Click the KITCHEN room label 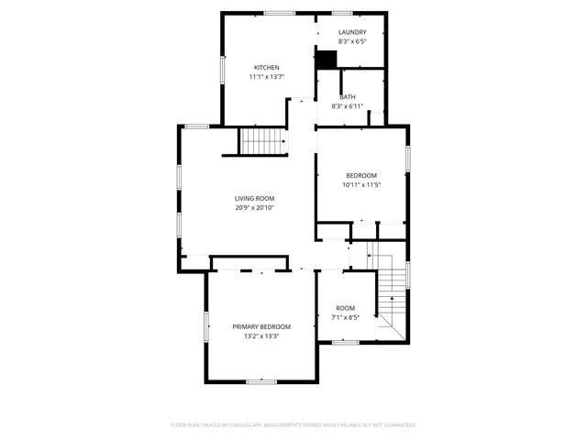(x=266, y=67)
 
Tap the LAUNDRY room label (x=352, y=32)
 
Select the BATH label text (x=348, y=97)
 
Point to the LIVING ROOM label (x=254, y=198)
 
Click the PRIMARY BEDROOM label (x=261, y=326)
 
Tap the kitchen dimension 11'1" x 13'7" (x=266, y=77)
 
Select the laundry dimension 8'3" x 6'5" (x=352, y=42)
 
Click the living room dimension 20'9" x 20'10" (x=254, y=208)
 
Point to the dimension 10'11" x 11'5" (x=361, y=185)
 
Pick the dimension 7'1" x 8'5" (x=345, y=318)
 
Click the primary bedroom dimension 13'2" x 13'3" (x=261, y=336)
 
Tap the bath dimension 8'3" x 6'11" (x=348, y=106)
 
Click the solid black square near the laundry (x=327, y=59)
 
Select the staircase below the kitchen (x=263, y=142)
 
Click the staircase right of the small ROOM (x=393, y=293)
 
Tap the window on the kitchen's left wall (x=222, y=71)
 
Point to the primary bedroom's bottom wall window (x=261, y=380)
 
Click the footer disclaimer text (x=293, y=425)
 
